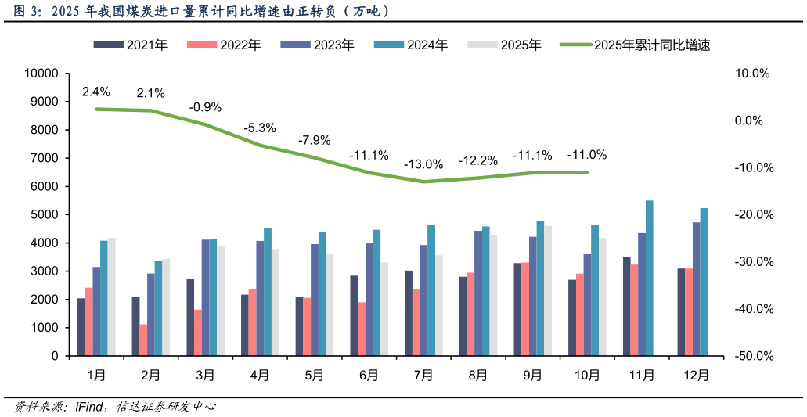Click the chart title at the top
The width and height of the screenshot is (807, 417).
(202, 12)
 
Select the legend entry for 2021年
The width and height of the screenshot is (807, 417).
(131, 45)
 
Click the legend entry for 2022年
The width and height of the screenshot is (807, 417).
(224, 45)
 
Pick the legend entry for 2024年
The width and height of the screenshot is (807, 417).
(411, 45)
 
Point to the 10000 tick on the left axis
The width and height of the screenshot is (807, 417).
(42, 74)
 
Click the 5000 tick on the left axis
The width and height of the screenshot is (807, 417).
(45, 215)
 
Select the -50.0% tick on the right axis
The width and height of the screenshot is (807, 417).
(753, 356)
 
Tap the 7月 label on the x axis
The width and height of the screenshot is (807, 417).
(423, 375)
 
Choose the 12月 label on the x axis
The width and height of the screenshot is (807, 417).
(697, 375)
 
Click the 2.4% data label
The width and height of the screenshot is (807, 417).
(96, 92)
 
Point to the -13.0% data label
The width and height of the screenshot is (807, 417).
(423, 164)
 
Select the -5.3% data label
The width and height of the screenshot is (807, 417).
(260, 128)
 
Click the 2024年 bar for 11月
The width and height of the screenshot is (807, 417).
(650, 278)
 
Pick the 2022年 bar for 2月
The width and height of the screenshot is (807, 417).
(143, 340)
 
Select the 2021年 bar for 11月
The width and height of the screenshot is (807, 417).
(627, 306)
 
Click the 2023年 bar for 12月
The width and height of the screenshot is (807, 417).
(697, 289)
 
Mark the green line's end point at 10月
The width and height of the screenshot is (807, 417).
(587, 172)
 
